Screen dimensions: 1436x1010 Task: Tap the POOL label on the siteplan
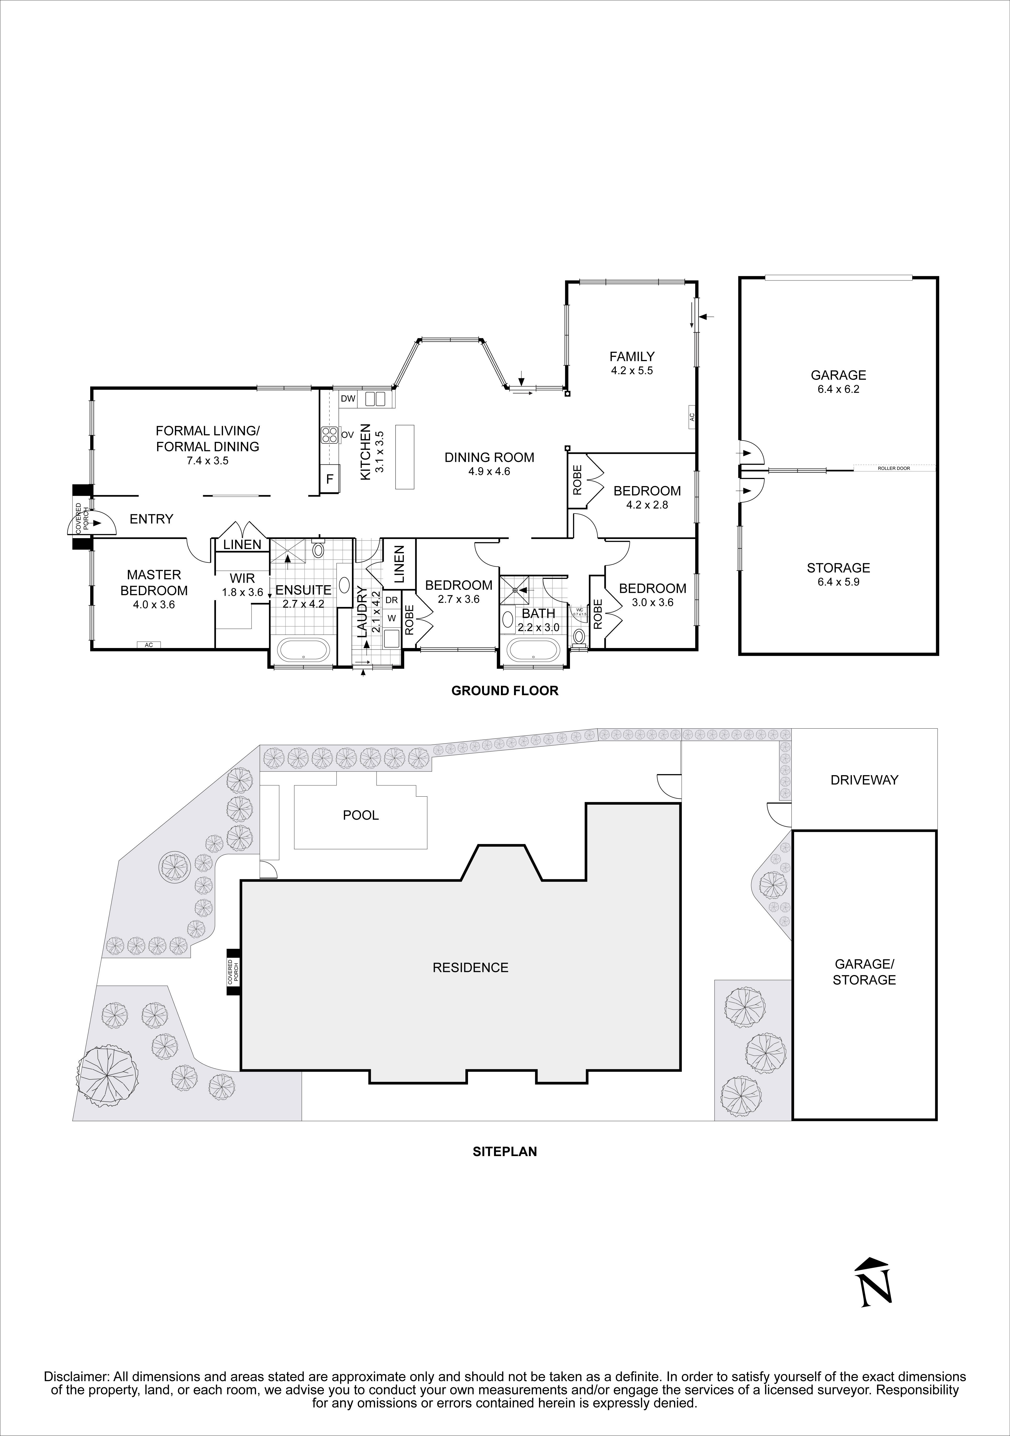[x=361, y=815]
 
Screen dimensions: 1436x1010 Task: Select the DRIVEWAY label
[x=864, y=780]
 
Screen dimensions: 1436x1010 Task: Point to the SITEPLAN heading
[x=504, y=1151]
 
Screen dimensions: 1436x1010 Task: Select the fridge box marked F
[x=329, y=480]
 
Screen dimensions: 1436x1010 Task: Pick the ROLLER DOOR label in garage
[x=894, y=468]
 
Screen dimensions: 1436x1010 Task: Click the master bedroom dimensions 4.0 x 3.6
[x=154, y=605]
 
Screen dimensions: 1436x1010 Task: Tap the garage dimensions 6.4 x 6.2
[x=838, y=389]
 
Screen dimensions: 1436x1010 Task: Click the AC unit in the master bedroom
[x=149, y=645]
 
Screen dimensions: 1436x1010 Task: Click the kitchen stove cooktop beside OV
[x=329, y=435]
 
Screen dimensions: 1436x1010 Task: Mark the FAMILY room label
[x=632, y=357]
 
